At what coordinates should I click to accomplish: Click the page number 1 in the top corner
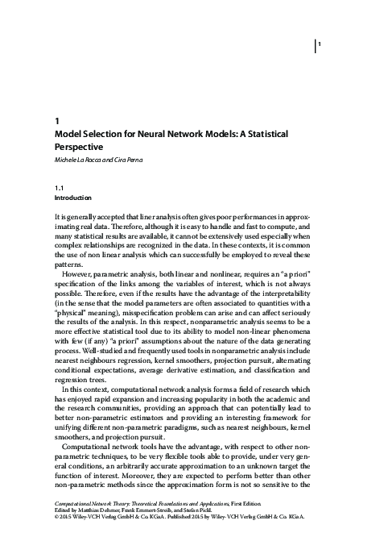320,44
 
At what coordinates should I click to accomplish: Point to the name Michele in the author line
64,162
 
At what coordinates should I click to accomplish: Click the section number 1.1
58,187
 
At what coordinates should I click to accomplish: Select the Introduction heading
72,198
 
